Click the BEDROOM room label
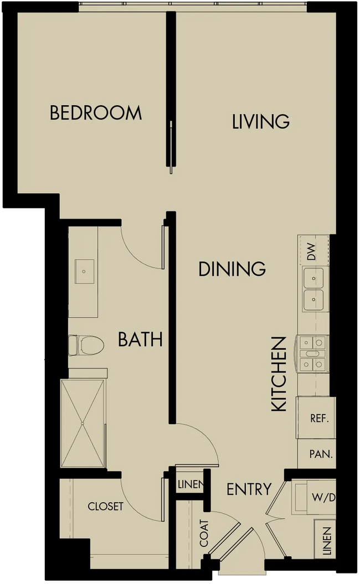[96, 113]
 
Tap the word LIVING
[261, 121]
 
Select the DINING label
[232, 268]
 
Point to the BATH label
[140, 339]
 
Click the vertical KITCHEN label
[279, 374]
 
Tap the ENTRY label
[249, 489]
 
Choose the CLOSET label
[105, 506]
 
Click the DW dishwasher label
[311, 251]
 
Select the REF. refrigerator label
[320, 418]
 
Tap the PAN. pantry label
[321, 454]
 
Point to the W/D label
[323, 497]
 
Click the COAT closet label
[204, 533]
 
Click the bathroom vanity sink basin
[84, 271]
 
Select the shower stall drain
[82, 423]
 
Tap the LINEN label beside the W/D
[327, 541]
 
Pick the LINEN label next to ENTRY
[191, 484]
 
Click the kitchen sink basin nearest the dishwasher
[313, 278]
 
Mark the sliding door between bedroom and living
[171, 147]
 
